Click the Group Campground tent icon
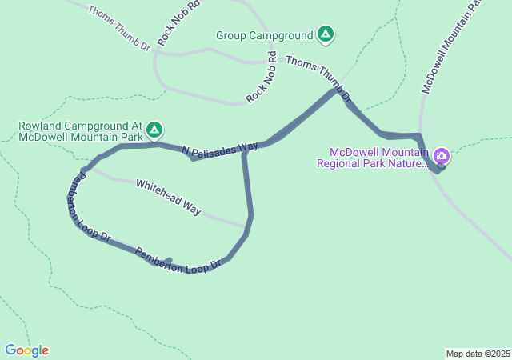point(325,34)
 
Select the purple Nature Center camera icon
point(442,154)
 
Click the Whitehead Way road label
point(168,196)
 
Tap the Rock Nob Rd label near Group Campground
point(262,78)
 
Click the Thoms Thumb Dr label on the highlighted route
point(318,78)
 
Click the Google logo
point(26,350)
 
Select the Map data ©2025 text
point(478,354)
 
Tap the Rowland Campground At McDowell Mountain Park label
point(80,130)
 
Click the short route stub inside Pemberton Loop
point(165,261)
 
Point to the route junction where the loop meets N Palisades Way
point(244,150)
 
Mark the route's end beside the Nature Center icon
point(438,169)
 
